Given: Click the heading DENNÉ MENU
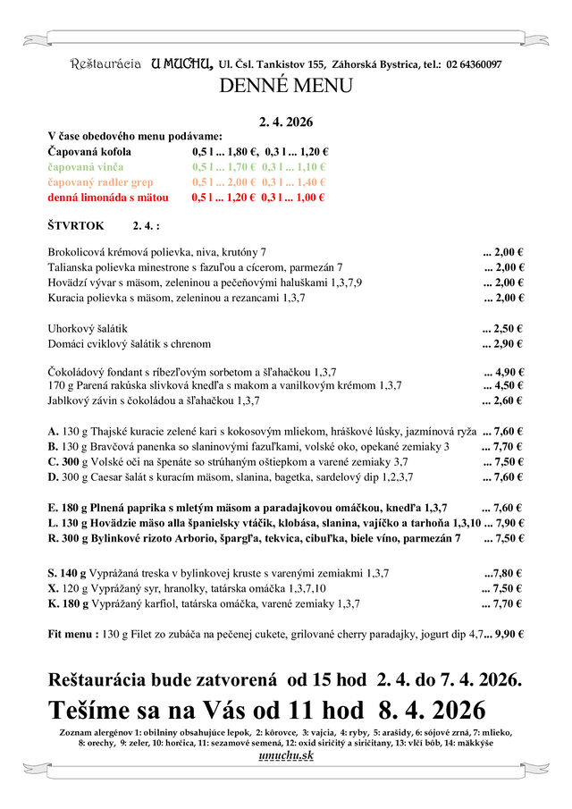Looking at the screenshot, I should pyautogui.click(x=285, y=86).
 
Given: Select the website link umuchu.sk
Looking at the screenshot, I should pyautogui.click(x=285, y=756).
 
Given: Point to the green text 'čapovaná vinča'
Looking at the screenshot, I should pyautogui.click(x=86, y=167).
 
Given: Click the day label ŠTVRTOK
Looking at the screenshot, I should pyautogui.click(x=77, y=227).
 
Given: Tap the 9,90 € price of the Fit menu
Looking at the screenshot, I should pyautogui.click(x=508, y=634).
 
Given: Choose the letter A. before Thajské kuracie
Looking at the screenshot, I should pyautogui.click(x=54, y=431).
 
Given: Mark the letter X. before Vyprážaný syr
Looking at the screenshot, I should pyautogui.click(x=53, y=588).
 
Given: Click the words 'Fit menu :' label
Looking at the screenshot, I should pyautogui.click(x=72, y=634).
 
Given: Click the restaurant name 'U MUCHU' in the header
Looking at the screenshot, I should pyautogui.click(x=181, y=63).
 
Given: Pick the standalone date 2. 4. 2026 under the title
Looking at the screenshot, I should pyautogui.click(x=285, y=122).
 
